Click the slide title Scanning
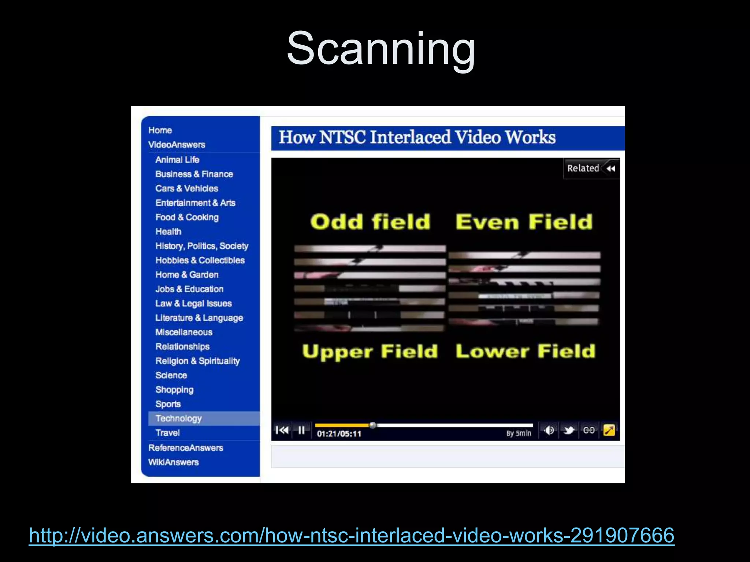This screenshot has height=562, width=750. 380,48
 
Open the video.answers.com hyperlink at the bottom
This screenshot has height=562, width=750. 352,535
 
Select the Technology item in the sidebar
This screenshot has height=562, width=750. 178,418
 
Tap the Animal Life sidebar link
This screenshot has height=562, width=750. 177,160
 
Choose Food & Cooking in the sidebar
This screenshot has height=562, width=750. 187,217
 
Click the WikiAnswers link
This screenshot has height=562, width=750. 173,462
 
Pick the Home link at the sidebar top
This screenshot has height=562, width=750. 160,130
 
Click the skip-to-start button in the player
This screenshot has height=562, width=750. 282,430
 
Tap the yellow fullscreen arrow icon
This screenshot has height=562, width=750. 609,430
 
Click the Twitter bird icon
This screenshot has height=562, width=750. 569,430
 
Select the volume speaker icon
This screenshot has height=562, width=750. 549,430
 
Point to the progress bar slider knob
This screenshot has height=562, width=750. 373,425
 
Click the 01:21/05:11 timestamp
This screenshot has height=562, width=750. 339,434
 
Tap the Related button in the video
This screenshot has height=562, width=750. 591,168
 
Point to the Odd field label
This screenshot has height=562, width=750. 370,222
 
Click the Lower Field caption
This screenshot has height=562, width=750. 525,351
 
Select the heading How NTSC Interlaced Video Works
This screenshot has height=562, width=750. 417,138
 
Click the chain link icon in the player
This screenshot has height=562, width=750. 589,430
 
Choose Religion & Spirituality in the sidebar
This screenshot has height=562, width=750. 197,361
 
